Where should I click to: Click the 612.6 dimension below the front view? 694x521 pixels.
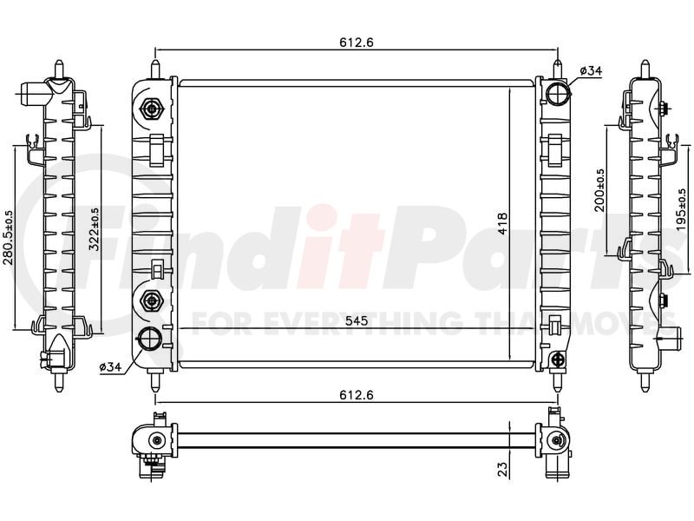[x=357, y=394]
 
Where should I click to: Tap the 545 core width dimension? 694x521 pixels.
[x=357, y=320]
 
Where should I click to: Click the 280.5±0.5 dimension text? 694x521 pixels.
[x=9, y=237]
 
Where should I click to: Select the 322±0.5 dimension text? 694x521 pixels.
[x=95, y=229]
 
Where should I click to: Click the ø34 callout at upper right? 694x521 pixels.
[x=591, y=70]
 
